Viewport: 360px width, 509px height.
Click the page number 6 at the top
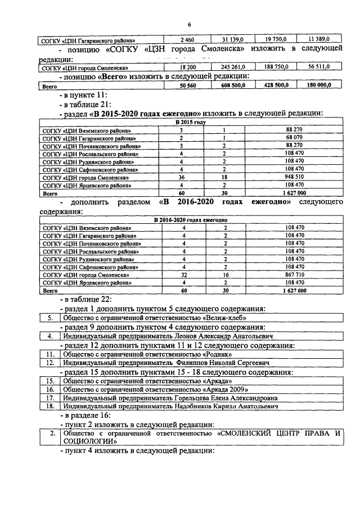(190, 25)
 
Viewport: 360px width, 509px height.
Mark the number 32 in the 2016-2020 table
(182, 275)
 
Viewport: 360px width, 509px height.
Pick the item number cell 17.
(49, 398)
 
